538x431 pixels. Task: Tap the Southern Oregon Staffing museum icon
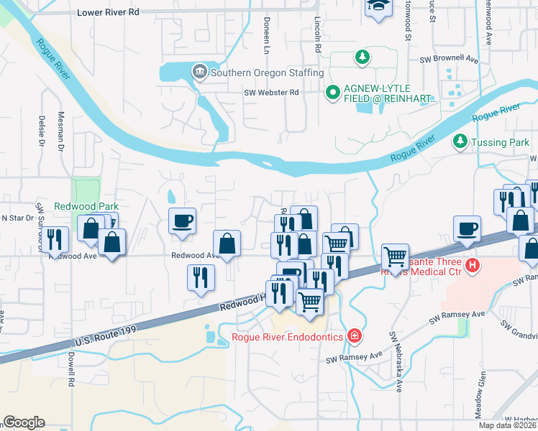pos(199,71)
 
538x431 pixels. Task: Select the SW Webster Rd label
pos(271,93)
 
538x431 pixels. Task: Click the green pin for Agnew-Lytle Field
pos(333,92)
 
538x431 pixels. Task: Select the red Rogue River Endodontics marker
pos(354,335)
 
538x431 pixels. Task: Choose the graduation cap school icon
pos(376,6)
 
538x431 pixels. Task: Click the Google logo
pos(24,422)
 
